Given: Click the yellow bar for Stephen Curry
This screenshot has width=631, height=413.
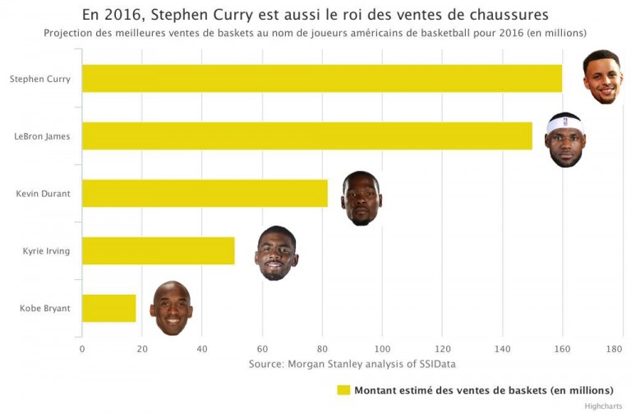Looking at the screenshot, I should click(320, 79).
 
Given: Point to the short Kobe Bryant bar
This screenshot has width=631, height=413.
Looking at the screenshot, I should click(108, 308).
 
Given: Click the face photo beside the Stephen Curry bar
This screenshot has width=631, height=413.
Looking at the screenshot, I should click(603, 77).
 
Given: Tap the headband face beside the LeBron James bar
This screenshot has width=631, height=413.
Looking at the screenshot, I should click(565, 140).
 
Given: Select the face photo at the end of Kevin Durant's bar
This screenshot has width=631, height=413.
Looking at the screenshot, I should click(362, 198).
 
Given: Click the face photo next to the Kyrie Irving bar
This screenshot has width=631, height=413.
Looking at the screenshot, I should click(276, 253).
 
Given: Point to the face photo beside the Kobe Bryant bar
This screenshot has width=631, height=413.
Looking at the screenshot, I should click(171, 309).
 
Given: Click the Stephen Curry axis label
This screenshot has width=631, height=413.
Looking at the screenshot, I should click(39, 80).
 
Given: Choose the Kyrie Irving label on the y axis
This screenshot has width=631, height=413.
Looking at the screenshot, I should click(46, 251).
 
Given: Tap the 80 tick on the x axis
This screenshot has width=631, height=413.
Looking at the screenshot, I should click(322, 348).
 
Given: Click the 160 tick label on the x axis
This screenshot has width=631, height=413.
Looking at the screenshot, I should click(562, 348).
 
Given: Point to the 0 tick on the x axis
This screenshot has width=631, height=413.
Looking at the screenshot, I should click(82, 348).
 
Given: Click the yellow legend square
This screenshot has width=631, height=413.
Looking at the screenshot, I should click(343, 390).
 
